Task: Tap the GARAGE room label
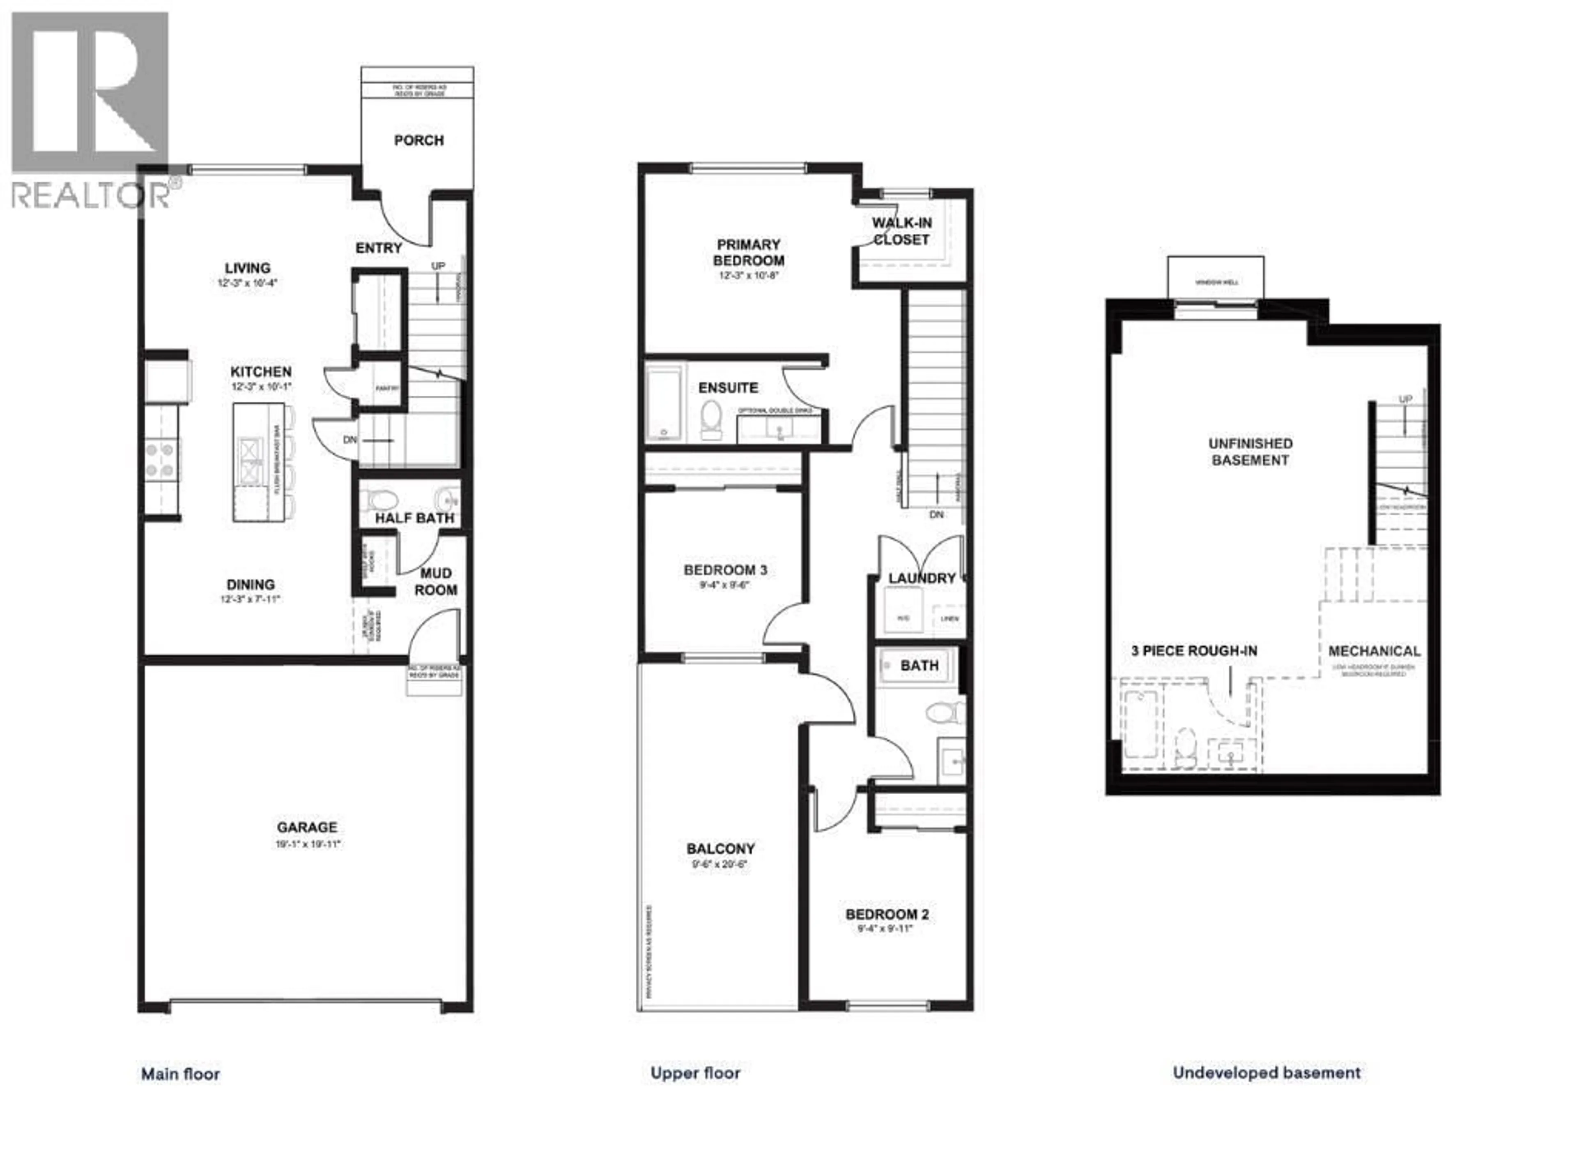(307, 827)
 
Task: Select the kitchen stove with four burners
(161, 459)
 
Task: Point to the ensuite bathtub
(664, 401)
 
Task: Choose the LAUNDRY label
(921, 579)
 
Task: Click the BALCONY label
(720, 848)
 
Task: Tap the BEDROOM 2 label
(886, 914)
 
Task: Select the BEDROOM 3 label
(725, 570)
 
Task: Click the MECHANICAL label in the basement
(1374, 651)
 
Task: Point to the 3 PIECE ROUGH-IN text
(1194, 651)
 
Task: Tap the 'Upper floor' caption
(695, 1073)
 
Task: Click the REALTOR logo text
(91, 195)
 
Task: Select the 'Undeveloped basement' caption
(1266, 1072)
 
